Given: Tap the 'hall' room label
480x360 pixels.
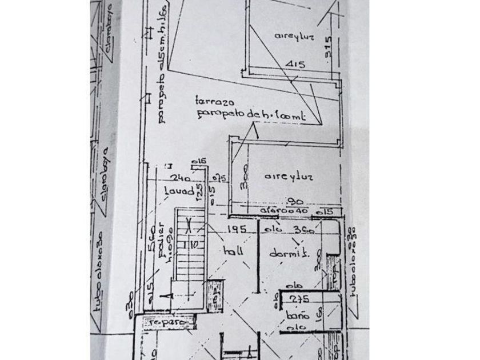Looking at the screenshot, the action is tap(233, 251).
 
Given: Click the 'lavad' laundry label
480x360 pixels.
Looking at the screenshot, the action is tap(175, 190).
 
